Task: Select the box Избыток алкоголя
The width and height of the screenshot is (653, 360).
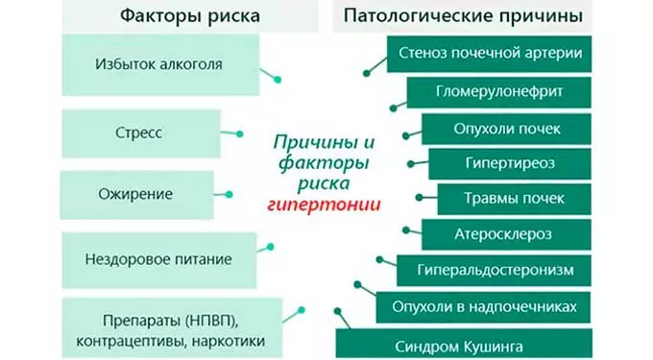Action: click(158, 65)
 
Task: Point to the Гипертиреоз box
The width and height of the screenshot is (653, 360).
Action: click(510, 163)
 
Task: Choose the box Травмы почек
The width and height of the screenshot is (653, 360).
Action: click(514, 199)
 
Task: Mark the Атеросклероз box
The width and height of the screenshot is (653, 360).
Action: click(507, 234)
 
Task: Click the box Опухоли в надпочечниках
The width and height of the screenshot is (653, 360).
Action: click(484, 306)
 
